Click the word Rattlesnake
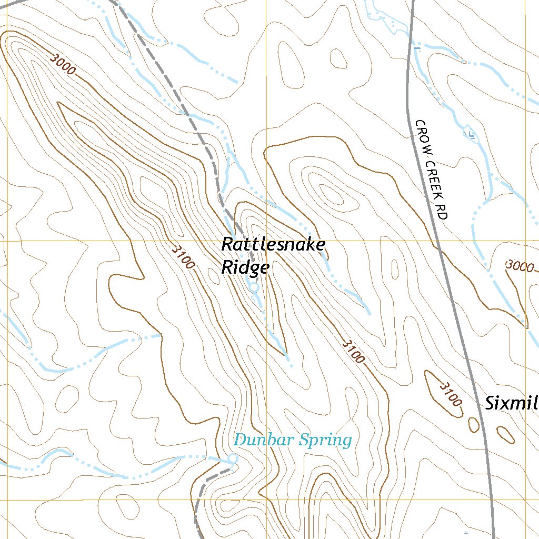pos(273,245)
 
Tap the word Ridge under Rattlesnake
pos(245,267)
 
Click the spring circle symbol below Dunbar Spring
pos(232,460)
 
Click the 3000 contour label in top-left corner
pos(63,64)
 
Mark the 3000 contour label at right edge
pos(520,266)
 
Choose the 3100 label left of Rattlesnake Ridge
pos(183,256)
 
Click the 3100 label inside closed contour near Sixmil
pos(450,394)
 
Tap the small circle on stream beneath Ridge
pos(253,288)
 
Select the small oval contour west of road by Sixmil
pos(473,424)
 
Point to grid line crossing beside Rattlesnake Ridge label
pos(266,241)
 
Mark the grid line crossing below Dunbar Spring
pos(266,500)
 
